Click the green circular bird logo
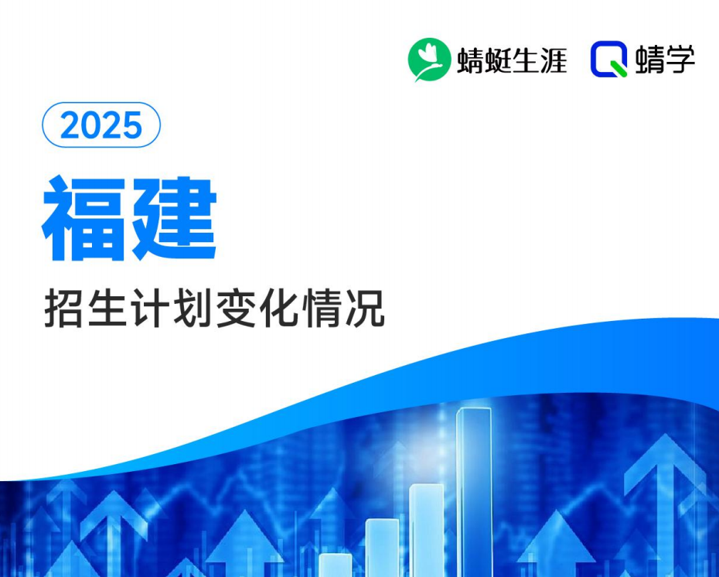tap(429, 60)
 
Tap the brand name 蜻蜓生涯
tap(512, 60)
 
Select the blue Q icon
tap(609, 60)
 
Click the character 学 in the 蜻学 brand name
tap(679, 60)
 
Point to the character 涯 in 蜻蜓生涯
tap(554, 60)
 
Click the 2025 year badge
tap(101, 125)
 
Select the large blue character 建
tap(174, 218)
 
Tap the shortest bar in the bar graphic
tap(336, 565)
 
